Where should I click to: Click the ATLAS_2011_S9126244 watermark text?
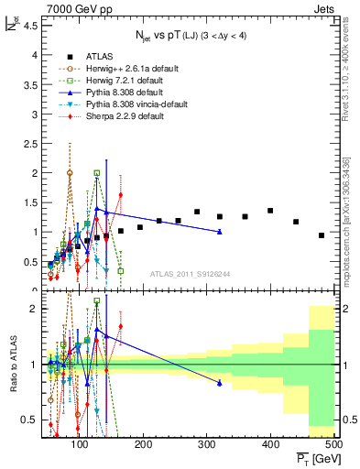[x=190, y=272]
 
